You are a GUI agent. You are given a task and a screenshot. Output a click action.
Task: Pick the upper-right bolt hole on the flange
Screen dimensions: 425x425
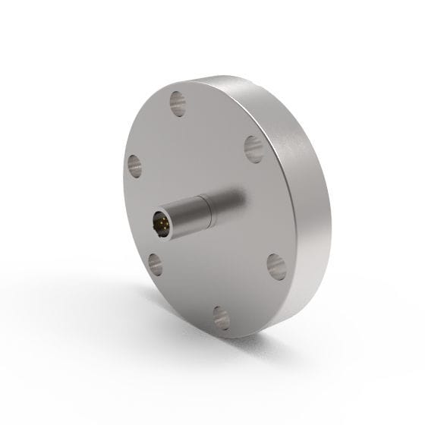tap(253, 144)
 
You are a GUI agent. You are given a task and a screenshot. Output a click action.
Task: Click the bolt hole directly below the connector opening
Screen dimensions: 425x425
tap(157, 263)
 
